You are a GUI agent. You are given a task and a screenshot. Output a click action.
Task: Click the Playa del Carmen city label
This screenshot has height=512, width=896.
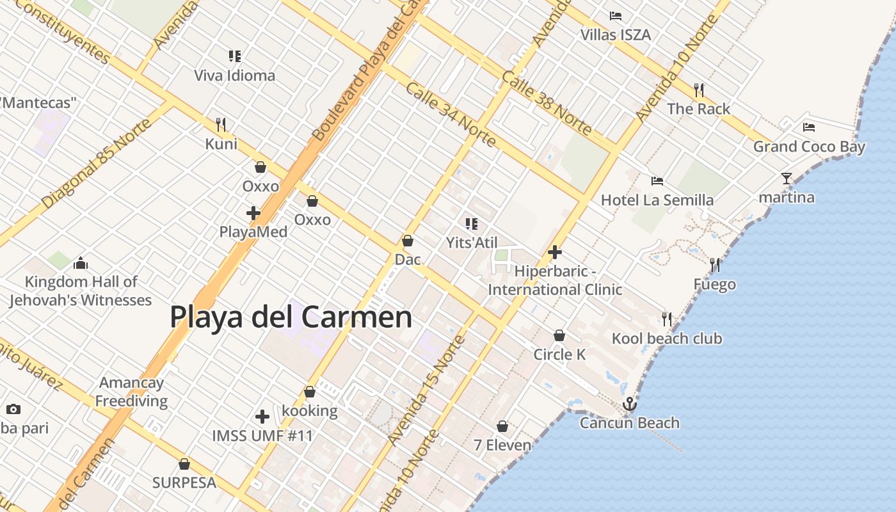coord(291,316)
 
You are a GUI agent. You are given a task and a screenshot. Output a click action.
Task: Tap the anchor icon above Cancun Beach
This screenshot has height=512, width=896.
coord(630,404)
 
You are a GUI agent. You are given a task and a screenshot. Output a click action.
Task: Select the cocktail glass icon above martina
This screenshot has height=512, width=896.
coord(787,179)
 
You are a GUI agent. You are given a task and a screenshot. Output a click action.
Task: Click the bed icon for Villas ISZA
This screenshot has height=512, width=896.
coord(616,16)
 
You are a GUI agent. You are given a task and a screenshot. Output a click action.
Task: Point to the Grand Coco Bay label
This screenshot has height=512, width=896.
coord(809,147)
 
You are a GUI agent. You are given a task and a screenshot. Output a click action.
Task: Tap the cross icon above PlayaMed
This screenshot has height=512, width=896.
coord(253,212)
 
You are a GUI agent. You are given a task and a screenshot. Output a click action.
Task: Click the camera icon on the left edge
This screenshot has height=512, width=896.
coord(13,409)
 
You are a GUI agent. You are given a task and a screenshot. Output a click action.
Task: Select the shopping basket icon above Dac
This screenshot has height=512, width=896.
coord(408,241)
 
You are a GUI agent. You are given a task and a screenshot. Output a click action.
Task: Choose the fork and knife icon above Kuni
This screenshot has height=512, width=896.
coord(221,124)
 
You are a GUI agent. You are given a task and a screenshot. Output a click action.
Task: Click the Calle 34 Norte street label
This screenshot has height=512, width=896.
coord(450,113)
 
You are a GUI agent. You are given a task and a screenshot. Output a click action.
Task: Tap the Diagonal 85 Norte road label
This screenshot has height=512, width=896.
coord(97,164)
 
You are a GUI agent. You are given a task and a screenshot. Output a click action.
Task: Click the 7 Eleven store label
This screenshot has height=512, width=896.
coord(502,445)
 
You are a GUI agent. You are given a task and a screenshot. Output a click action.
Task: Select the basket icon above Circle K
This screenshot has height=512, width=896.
coord(559,335)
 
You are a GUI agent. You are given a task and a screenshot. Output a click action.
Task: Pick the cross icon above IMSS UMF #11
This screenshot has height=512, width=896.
coord(262,417)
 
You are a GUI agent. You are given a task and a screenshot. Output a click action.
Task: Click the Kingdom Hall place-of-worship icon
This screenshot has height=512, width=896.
coord(81,262)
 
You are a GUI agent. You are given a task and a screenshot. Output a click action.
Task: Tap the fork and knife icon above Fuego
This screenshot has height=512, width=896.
coord(715,264)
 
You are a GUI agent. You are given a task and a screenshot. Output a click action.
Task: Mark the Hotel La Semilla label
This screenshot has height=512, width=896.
coord(657,200)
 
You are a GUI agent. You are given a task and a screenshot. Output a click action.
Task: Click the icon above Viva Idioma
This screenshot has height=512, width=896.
coord(235,56)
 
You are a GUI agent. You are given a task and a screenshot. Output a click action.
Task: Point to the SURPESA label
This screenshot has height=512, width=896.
coord(184,483)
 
